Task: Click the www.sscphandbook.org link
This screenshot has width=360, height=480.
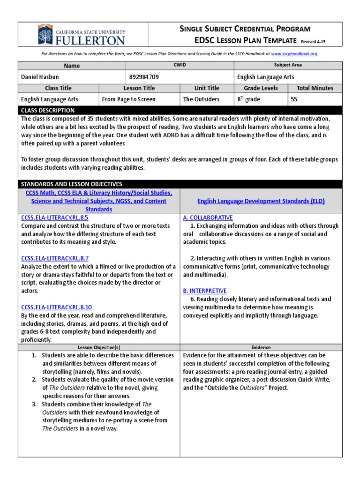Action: pos(294,54)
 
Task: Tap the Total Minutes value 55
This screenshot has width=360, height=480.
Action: pos(294,99)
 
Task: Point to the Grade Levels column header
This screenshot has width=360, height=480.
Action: pos(261,88)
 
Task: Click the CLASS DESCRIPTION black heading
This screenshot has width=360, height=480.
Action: pos(48,110)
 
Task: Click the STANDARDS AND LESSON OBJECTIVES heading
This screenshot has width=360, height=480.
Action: pos(71,184)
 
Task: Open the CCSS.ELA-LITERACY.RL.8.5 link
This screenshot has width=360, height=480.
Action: pos(55,217)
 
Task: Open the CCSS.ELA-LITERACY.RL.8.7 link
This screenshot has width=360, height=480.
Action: pos(55,258)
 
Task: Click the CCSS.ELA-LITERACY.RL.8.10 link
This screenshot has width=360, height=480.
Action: pos(56,307)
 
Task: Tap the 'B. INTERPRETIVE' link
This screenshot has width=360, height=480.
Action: pos(205,291)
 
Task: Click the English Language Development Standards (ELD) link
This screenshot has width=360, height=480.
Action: pos(261,201)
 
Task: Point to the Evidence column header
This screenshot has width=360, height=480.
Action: pos(261,347)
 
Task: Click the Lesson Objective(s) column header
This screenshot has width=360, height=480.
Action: pos(99,347)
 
